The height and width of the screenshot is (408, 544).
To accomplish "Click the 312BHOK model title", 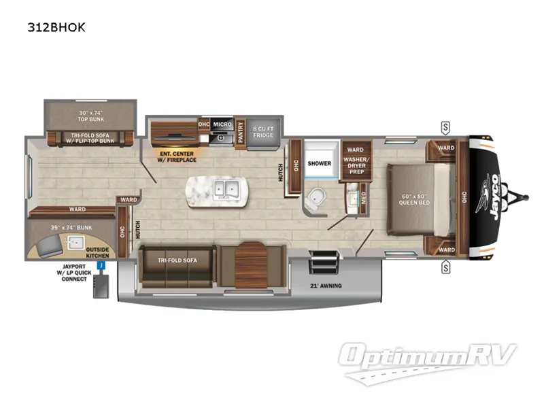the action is [56, 27].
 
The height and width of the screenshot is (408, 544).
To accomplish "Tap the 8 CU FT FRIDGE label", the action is [263, 132].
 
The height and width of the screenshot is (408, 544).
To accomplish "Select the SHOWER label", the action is [319, 163].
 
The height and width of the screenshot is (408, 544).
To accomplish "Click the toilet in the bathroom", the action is [316, 199].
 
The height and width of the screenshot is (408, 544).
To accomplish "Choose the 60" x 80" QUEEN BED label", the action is [414, 199].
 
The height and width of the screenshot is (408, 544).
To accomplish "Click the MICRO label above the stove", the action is [222, 124].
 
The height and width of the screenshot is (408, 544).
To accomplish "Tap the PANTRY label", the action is [241, 132].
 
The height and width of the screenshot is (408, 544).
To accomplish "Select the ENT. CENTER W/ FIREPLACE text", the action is [177, 157].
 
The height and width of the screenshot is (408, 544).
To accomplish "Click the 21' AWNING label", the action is [326, 286].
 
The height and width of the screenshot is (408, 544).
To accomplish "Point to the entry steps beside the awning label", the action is [324, 262].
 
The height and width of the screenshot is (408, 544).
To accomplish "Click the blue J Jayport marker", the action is [101, 266].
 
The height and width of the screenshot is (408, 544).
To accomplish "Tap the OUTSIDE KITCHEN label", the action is [97, 252].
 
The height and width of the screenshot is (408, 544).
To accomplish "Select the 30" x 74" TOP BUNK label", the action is [90, 116].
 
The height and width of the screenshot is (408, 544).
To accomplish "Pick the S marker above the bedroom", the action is [445, 128].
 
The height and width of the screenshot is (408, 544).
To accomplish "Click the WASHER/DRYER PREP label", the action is [356, 165].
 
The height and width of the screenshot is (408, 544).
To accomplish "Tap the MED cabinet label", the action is [363, 198].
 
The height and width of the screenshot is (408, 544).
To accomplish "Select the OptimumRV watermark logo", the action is [427, 362].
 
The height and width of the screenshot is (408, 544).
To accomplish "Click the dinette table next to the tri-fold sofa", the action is [251, 265].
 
